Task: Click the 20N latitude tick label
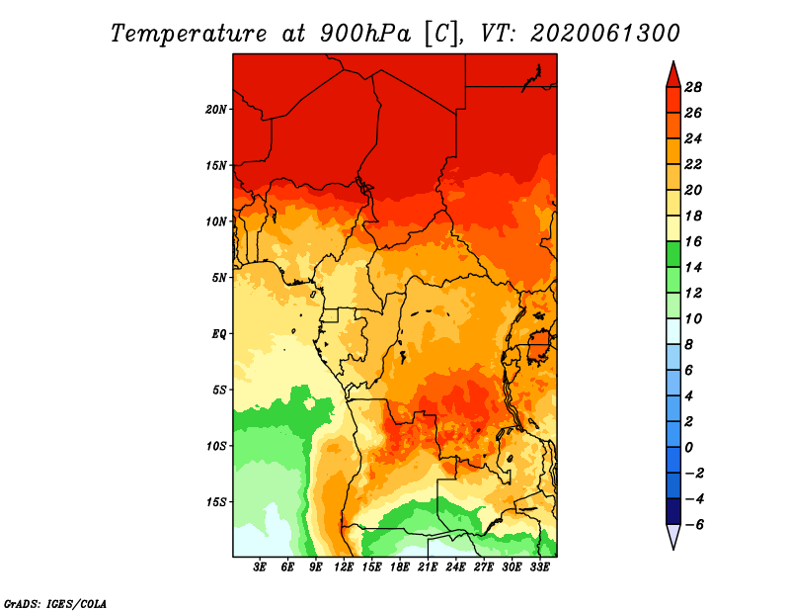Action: [x=216, y=110]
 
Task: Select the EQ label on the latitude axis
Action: [x=219, y=334]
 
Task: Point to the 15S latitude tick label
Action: [x=216, y=502]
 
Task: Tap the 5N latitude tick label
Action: [x=219, y=278]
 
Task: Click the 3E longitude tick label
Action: [x=260, y=567]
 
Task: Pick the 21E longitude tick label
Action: [x=428, y=567]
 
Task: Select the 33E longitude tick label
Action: [x=539, y=567]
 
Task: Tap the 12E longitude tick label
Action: [x=344, y=567]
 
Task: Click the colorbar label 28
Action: [x=693, y=87]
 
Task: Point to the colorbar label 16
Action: [x=693, y=241]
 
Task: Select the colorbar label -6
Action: [x=694, y=525]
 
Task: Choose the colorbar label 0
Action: [x=688, y=448]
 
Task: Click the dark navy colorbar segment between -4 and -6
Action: [x=673, y=511]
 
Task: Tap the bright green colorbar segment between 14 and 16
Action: [x=673, y=254]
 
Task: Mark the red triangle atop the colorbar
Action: [x=673, y=75]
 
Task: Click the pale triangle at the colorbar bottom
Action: [x=673, y=537]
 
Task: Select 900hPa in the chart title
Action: [x=365, y=34]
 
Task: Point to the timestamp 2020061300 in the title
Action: [x=605, y=34]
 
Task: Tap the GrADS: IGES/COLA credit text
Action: [x=55, y=604]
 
